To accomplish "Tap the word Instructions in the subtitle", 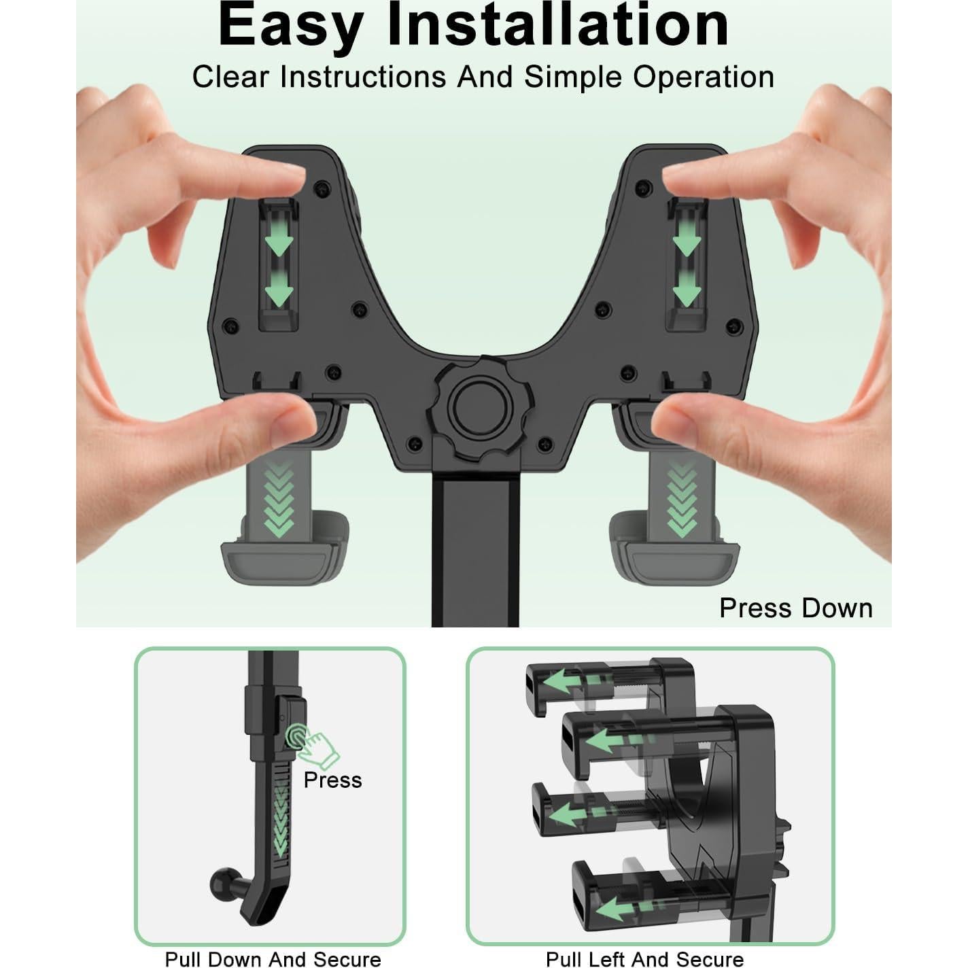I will pyautogui.click(x=363, y=77).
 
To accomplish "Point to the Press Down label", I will pyautogui.click(x=795, y=608).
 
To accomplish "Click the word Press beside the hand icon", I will pyautogui.click(x=332, y=780).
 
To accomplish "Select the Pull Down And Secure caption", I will pyautogui.click(x=273, y=959).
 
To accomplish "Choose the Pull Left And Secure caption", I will pyautogui.click(x=644, y=959).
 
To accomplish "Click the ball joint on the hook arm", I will pyautogui.click(x=224, y=882).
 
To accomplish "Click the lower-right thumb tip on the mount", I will pyautogui.click(x=670, y=421).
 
